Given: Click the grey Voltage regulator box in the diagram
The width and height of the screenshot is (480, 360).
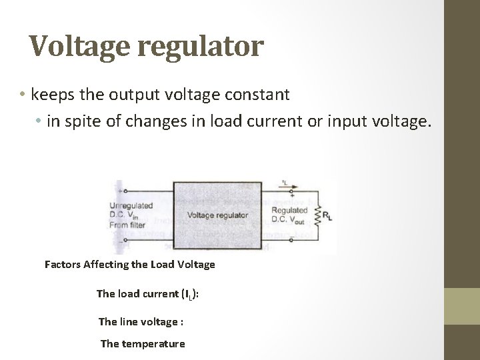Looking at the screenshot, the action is (x=217, y=215).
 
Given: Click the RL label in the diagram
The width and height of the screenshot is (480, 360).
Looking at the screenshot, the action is (x=328, y=216).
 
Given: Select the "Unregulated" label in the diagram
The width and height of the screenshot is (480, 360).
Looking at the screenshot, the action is (x=131, y=205).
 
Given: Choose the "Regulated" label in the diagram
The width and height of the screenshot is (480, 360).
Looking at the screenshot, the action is (x=287, y=210).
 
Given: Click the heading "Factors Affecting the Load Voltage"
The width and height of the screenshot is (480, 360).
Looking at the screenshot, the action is (x=129, y=264).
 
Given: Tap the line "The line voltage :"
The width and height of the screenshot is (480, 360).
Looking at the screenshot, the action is (x=141, y=321).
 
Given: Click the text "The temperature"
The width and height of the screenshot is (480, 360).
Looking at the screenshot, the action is (x=143, y=343).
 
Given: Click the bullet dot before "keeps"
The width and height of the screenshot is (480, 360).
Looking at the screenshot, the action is (x=23, y=95).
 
